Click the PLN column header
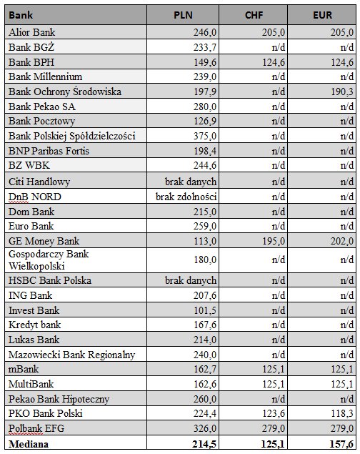[x=183, y=15]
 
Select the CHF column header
[x=254, y=15]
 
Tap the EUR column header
[x=322, y=15]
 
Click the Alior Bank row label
[x=32, y=32]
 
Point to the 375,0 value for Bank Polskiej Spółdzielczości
[x=205, y=136]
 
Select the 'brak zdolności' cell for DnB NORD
[x=186, y=197]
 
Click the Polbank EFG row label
[x=36, y=428]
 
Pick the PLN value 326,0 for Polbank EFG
[x=205, y=428]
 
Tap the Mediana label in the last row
[x=29, y=444]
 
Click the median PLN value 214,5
[x=204, y=444]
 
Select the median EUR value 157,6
[x=341, y=444]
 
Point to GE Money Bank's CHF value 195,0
[x=274, y=241]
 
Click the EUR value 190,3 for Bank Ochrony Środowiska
[x=342, y=92]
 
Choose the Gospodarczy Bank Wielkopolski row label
[x=49, y=260]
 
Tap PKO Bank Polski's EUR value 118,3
[x=342, y=413]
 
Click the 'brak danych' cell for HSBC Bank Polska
[x=191, y=280]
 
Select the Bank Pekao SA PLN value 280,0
[x=205, y=107]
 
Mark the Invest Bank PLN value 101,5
[x=205, y=310]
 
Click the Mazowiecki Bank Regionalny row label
[x=71, y=355]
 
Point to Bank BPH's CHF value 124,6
[x=274, y=62]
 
